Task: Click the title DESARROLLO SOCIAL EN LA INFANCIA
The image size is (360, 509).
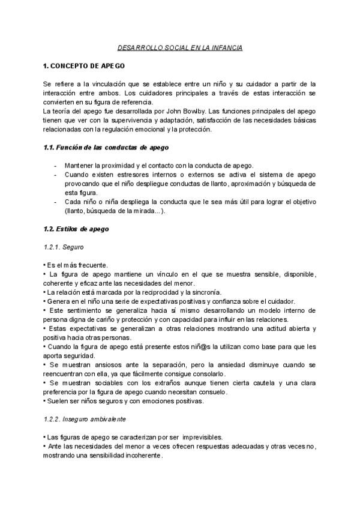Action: (180, 47)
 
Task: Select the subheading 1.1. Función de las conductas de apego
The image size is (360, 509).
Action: (106, 148)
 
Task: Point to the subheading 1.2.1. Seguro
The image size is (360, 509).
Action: (64, 247)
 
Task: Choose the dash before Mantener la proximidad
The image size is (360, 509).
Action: (55, 165)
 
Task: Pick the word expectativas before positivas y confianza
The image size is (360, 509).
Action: (143, 301)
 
